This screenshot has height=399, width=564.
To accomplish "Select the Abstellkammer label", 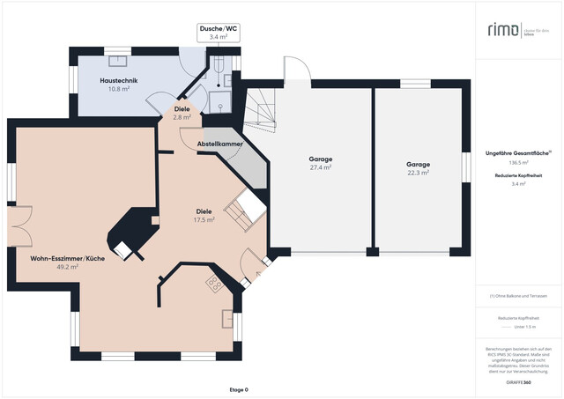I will pyautogui.click(x=219, y=143).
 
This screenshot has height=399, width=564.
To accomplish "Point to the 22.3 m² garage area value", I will pyautogui.click(x=418, y=173).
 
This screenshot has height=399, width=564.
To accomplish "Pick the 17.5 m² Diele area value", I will pyautogui.click(x=205, y=220).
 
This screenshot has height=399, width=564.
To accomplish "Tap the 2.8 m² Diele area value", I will pyautogui.click(x=182, y=117).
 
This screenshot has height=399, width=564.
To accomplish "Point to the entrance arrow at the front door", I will pyautogui.click(x=258, y=274).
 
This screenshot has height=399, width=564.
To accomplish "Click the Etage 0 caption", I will pyautogui.click(x=239, y=389).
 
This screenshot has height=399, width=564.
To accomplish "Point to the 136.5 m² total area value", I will pyautogui.click(x=518, y=163).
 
